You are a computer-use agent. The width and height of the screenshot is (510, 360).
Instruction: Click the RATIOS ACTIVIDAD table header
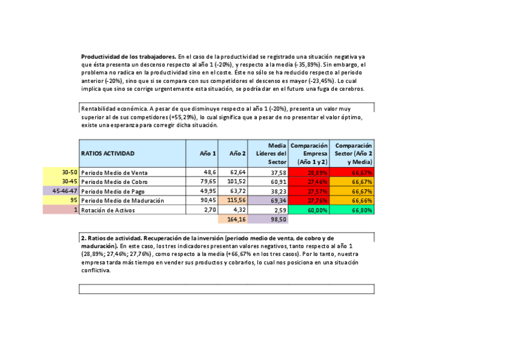[x=108, y=153]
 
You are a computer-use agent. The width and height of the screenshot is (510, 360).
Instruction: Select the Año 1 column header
[x=208, y=153]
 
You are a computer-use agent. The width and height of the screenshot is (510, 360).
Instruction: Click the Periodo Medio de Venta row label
[x=115, y=172]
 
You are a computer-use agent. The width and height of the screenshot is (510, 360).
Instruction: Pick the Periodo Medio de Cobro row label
[x=115, y=182]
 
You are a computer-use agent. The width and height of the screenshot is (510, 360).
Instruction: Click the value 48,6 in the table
[x=208, y=172]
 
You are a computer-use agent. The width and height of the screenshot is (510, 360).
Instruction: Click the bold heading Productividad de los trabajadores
[x=129, y=56]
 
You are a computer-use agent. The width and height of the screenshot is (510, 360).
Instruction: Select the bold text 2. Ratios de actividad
[x=114, y=238]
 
